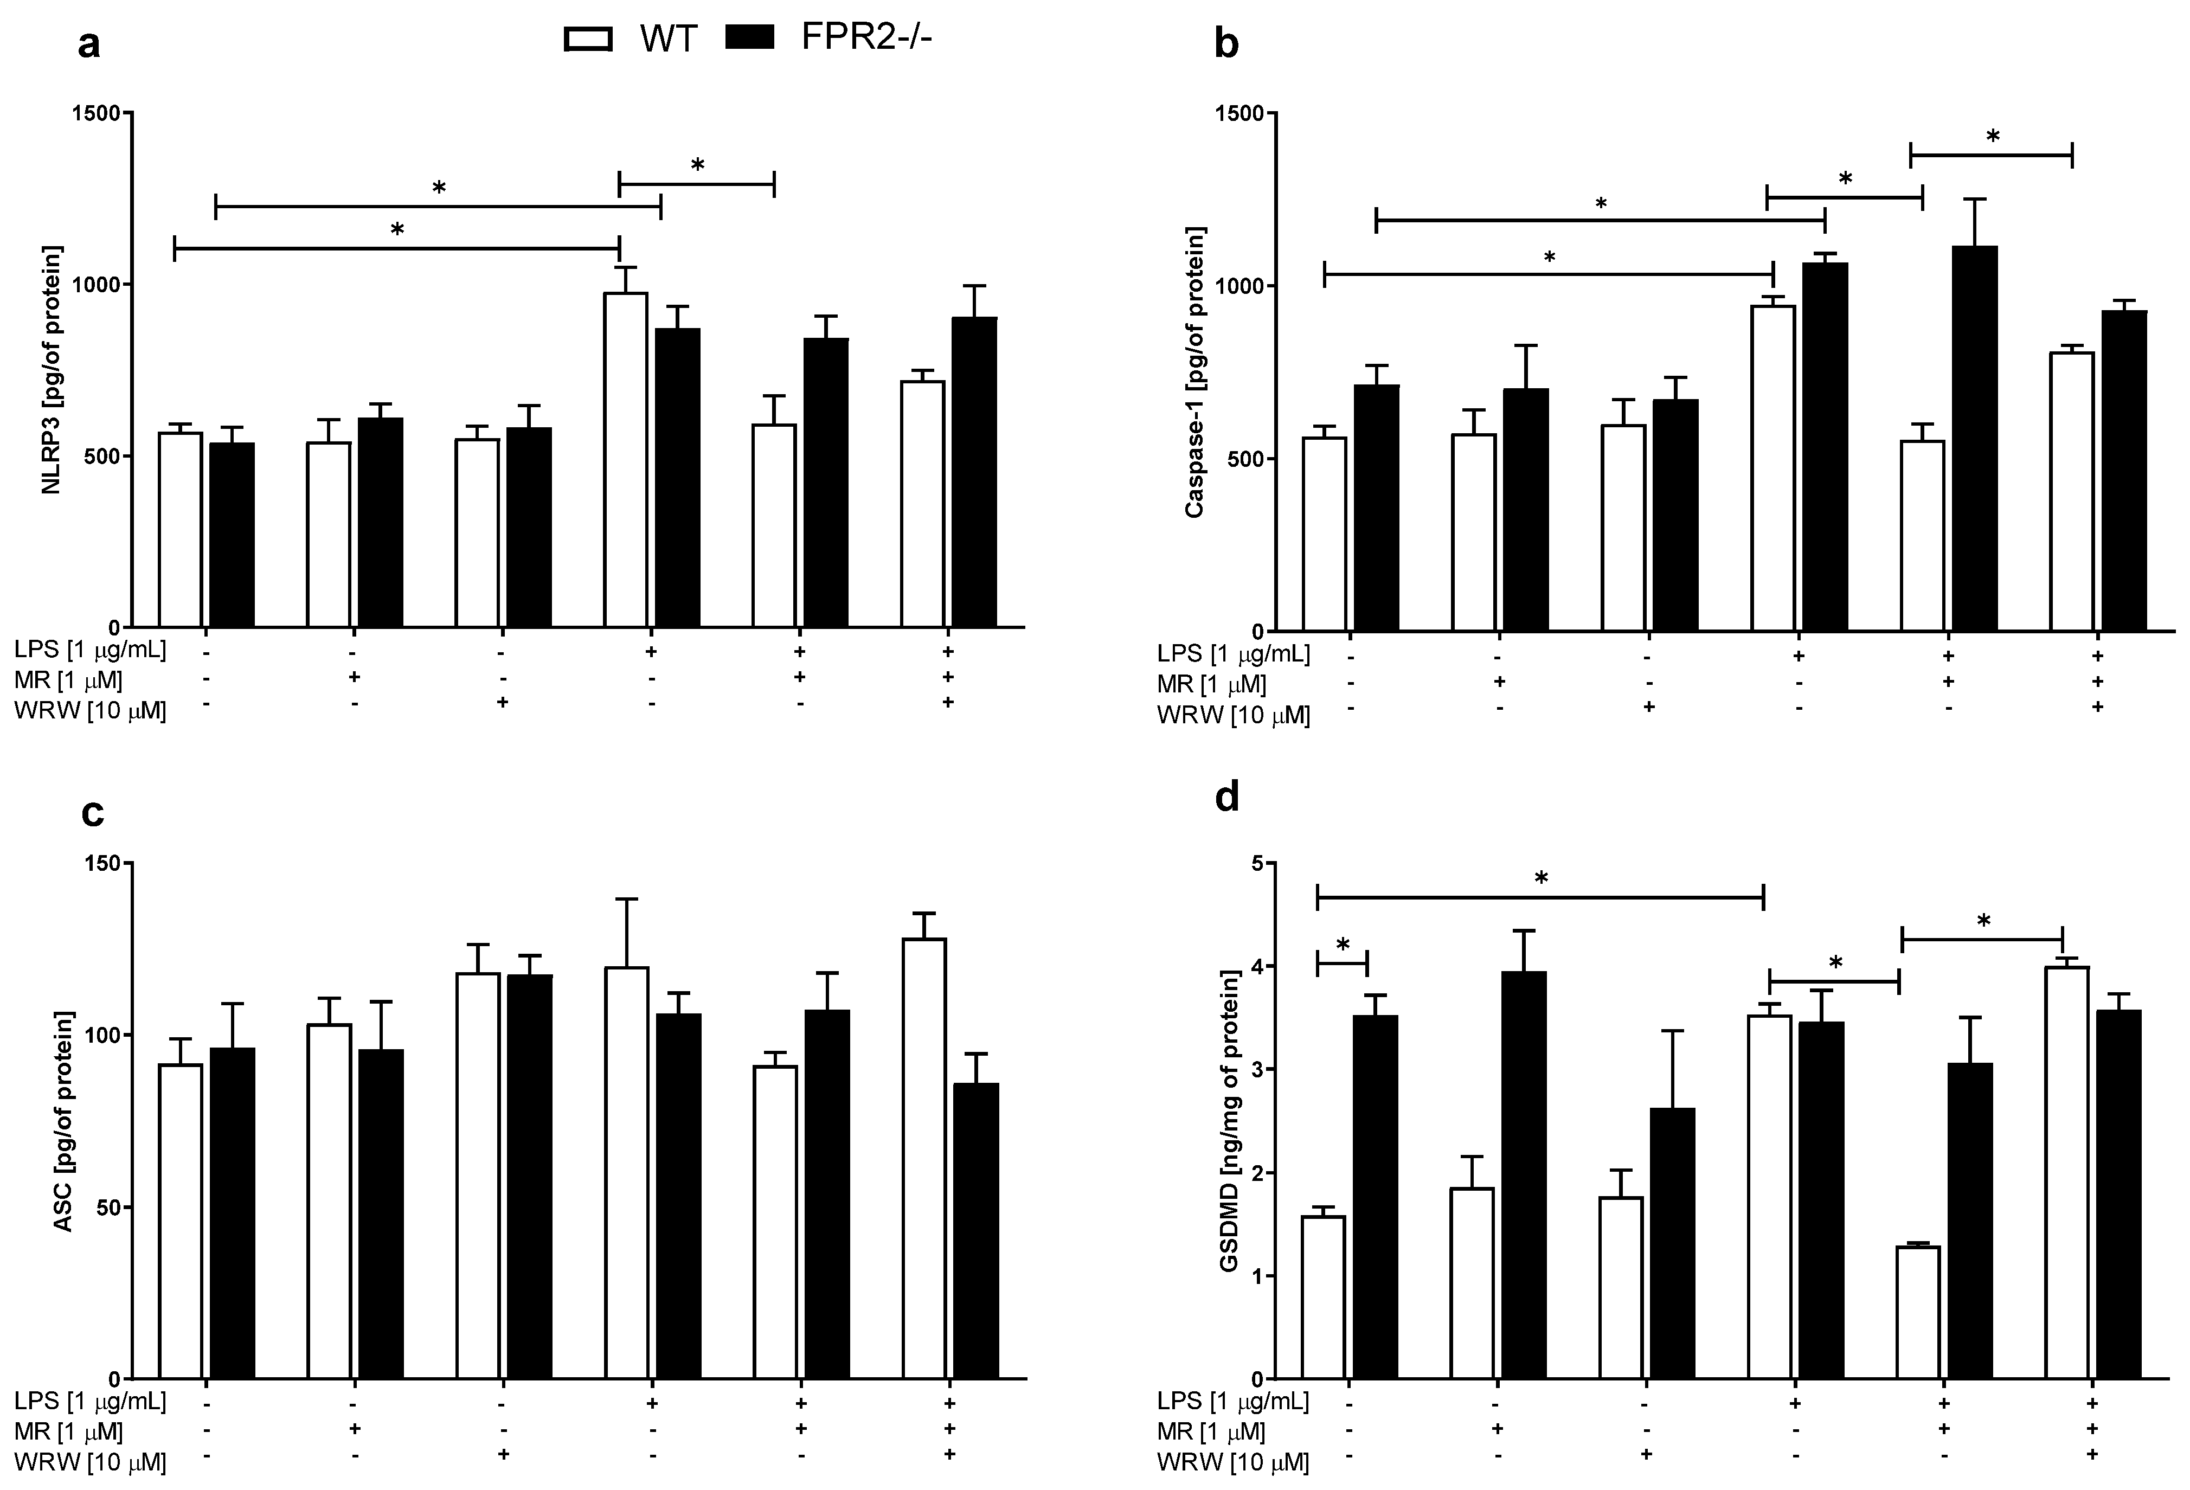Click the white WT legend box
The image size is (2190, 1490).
point(588,38)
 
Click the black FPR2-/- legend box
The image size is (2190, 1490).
point(750,38)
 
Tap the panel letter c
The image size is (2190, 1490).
point(92,812)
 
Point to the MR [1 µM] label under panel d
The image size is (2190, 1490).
point(1211,1431)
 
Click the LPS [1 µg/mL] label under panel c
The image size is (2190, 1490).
point(91,1402)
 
